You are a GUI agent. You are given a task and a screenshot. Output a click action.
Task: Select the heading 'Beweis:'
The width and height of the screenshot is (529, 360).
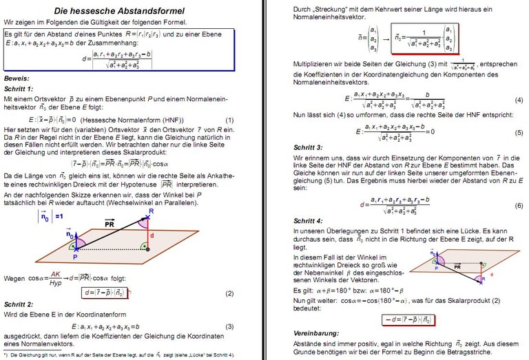(18, 78)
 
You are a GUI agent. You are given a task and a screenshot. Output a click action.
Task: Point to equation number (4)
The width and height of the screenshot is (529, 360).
(519, 99)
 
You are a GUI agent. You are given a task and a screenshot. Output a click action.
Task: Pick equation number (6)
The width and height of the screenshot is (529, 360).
(519, 206)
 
